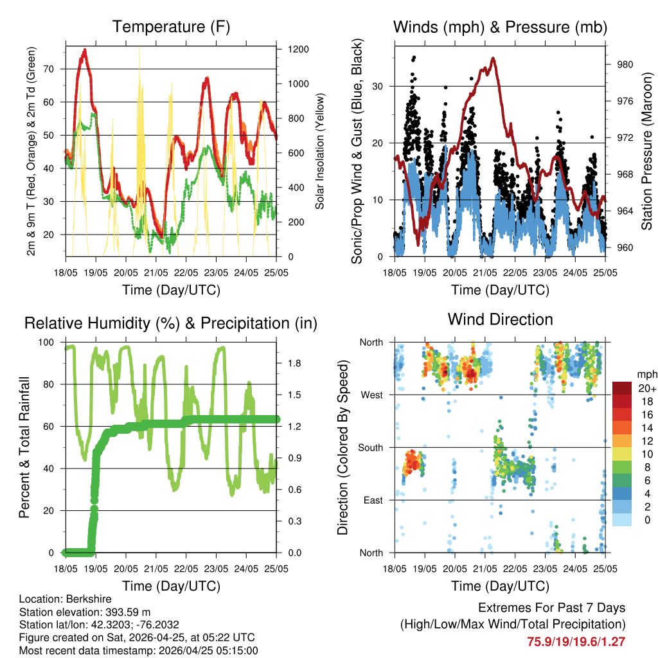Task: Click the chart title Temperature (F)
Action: click(x=171, y=27)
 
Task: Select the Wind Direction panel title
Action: click(x=500, y=319)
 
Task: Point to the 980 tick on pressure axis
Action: click(x=626, y=64)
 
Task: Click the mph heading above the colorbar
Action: click(x=646, y=375)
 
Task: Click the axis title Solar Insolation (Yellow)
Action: click(x=319, y=151)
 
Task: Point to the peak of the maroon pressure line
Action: click(x=493, y=58)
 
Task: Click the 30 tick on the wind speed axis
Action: click(x=380, y=86)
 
